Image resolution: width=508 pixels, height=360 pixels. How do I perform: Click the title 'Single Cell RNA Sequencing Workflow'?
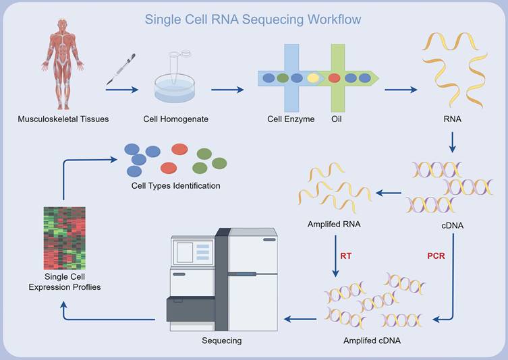253,19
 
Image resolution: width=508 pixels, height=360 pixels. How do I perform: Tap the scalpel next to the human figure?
121,69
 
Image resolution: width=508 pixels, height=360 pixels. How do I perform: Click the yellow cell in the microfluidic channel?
313,78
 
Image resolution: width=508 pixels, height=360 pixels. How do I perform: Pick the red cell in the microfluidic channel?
334,78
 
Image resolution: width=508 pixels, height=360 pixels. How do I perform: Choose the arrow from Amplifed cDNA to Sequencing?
300,318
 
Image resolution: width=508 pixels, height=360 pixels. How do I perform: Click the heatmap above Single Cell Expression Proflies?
64,238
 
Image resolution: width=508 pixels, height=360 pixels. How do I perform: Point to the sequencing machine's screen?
185,252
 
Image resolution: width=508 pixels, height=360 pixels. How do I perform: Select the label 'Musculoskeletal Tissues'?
63,120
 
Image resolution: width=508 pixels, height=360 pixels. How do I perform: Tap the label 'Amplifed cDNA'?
372,340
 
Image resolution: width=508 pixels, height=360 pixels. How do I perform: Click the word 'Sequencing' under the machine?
221,340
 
